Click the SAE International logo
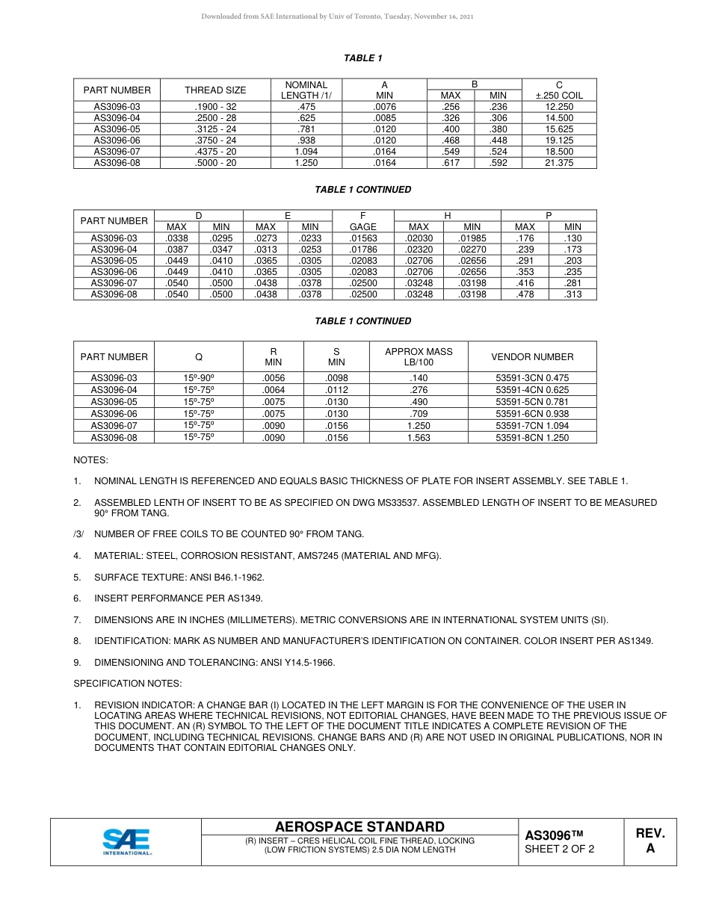pyautogui.click(x=127, y=841)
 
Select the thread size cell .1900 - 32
pyautogui.click(x=215, y=107)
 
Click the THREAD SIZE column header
pyautogui.click(x=215, y=90)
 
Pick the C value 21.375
pyautogui.click(x=559, y=163)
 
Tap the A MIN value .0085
pyautogui.click(x=384, y=118)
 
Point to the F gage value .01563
pyautogui.click(x=363, y=238)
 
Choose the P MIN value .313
pyautogui.click(x=572, y=294)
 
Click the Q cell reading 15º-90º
pyautogui.click(x=199, y=378)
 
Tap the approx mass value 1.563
pyautogui.click(x=419, y=438)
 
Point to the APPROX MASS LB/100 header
pyautogui.click(x=419, y=356)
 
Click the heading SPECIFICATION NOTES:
pyautogui.click(x=127, y=684)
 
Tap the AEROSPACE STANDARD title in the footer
pyautogui.click(x=359, y=826)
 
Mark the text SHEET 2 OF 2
pyautogui.click(x=559, y=849)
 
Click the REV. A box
pyautogui.click(x=649, y=841)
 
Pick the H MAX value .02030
pyautogui.click(x=419, y=238)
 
